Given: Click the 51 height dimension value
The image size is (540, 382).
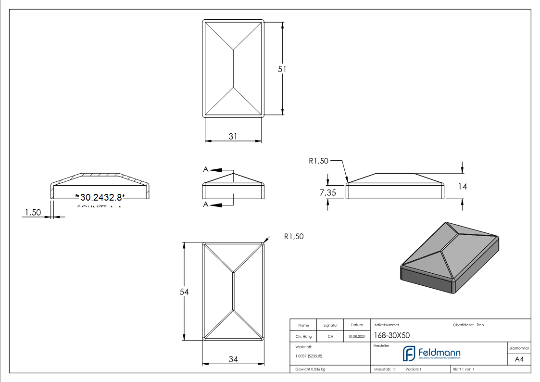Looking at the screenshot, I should coord(282,69).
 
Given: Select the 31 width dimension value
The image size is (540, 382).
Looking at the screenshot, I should coord(233,137).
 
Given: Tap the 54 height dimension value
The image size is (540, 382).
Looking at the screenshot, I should coord(184,292).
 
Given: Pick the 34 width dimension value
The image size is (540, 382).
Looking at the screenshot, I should coord(233,359).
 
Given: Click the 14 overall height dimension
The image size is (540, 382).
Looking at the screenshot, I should coord(463,187).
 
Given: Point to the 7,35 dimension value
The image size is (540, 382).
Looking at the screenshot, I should coord(328,192).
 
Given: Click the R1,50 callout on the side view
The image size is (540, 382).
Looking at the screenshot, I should coord(318,161).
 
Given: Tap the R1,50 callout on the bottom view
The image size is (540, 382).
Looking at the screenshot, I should coord(293,236).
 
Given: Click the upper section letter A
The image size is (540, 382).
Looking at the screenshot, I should coord(206,169).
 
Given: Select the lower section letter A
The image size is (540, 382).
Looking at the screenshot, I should coord(206,205).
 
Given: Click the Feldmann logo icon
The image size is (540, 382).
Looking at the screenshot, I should coord(409,354).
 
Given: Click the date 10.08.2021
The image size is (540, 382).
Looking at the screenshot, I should coord(357,337).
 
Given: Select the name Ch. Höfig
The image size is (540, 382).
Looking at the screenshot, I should coord(303,337).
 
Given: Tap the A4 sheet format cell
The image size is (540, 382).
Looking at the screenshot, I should coord(519,359).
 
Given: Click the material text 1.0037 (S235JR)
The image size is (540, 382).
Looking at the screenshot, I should coord(308,356).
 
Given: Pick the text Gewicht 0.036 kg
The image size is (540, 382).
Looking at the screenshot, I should coord(310,369).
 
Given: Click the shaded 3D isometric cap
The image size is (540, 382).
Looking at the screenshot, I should coord(450,256).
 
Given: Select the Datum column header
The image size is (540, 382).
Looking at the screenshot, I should coord(357,325).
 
